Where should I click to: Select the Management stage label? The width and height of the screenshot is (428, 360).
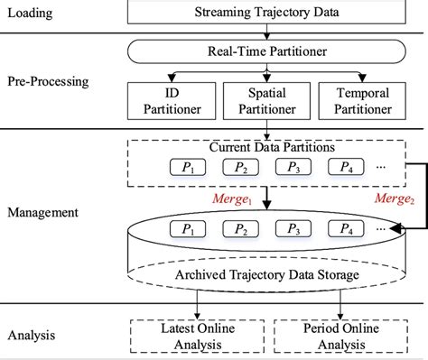[x=42, y=216]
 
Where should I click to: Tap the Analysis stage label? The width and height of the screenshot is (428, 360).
[x=31, y=336]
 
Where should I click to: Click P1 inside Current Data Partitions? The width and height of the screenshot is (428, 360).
[x=188, y=167]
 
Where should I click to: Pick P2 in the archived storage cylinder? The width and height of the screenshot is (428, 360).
[x=239, y=229]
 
